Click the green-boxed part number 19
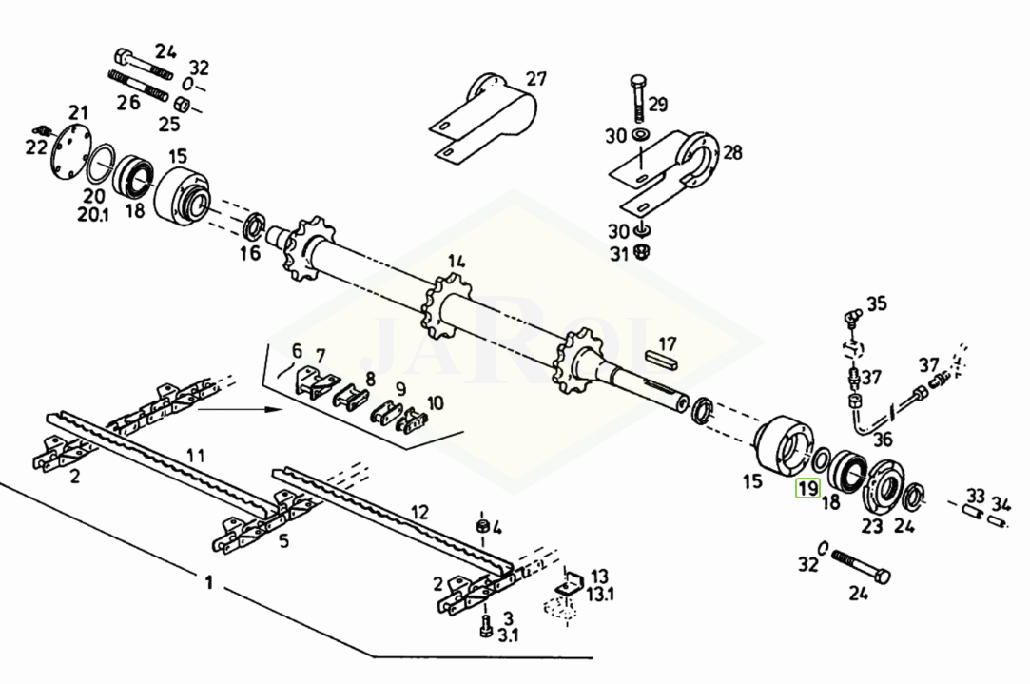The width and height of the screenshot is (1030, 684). click(807, 488)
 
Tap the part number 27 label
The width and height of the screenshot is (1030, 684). click(536, 79)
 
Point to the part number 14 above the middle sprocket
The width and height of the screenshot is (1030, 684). click(457, 262)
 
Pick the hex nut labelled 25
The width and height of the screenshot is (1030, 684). click(183, 104)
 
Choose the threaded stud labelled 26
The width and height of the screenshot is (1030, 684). click(138, 86)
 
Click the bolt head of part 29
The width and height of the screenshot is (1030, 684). click(638, 84)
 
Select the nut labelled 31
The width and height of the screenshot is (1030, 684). click(642, 252)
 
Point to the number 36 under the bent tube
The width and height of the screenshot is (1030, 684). click(883, 439)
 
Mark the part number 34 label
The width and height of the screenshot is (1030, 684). click(1001, 504)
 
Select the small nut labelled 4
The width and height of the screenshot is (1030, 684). click(481, 526)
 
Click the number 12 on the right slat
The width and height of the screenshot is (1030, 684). click(419, 512)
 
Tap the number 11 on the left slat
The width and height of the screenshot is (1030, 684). click(195, 455)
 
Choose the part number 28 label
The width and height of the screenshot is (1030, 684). click(732, 152)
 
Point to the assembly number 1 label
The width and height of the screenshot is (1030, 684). click(209, 583)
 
